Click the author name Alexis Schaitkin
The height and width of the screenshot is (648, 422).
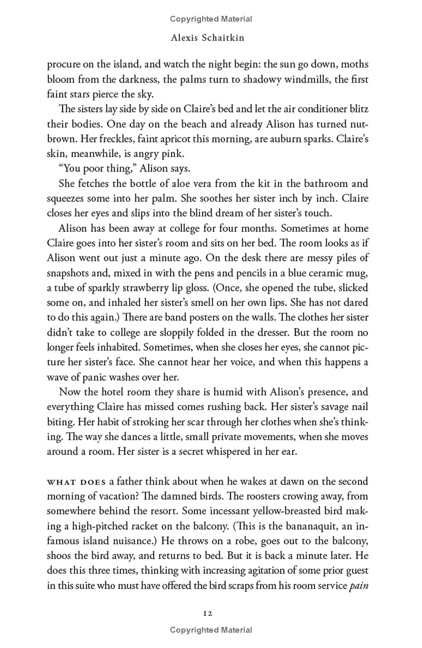click(x=211, y=39)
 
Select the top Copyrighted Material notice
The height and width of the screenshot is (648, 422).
click(x=211, y=19)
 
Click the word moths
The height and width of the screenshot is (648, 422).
click(x=356, y=65)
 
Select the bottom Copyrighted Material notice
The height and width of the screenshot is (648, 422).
click(x=211, y=630)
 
